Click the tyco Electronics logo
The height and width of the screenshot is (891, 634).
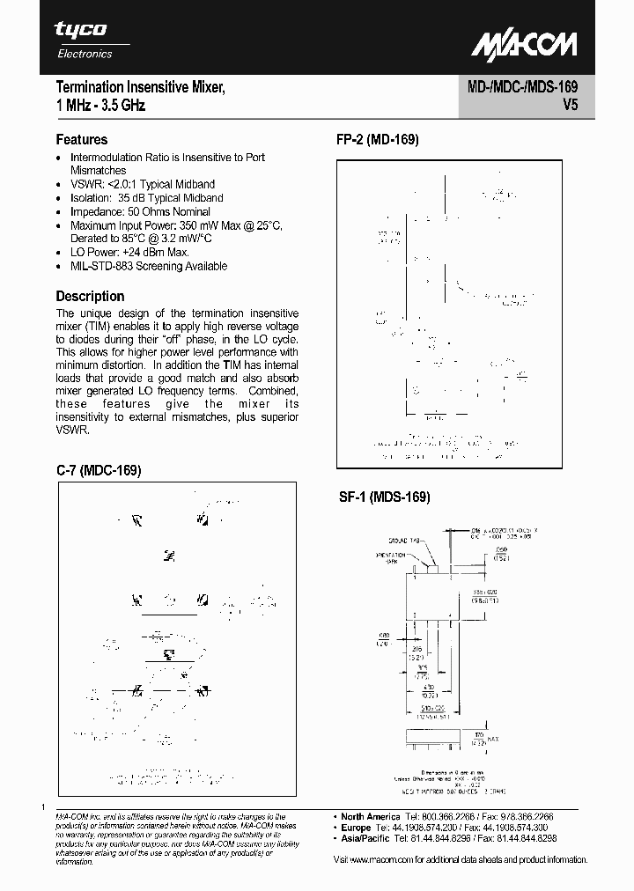[83, 40]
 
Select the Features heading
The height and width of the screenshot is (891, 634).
[82, 139]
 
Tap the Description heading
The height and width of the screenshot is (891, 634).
[90, 296]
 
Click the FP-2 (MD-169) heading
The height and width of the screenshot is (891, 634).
[378, 139]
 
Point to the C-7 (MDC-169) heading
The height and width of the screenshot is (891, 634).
[99, 470]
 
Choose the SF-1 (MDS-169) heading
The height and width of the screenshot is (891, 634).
[385, 497]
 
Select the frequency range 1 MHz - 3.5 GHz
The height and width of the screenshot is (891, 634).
[100, 106]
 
